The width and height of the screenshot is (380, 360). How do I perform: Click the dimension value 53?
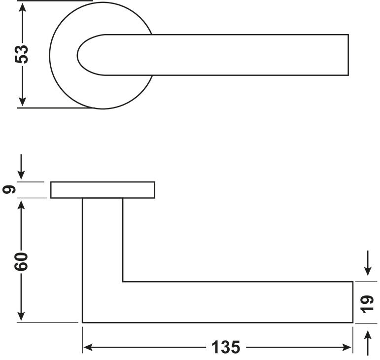(22, 54)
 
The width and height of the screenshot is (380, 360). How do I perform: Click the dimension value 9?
(9, 189)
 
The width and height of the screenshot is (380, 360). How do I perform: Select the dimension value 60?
(21, 261)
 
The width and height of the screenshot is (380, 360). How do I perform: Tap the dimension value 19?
(367, 304)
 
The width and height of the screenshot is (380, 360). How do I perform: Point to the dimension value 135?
(226, 347)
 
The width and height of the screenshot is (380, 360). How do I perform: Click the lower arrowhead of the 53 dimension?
(22, 101)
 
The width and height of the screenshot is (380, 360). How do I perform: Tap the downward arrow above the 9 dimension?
(21, 167)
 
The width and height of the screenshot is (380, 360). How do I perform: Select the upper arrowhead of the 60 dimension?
(21, 206)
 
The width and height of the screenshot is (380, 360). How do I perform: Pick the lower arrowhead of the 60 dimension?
(21, 316)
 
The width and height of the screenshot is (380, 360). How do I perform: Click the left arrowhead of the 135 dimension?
(88, 347)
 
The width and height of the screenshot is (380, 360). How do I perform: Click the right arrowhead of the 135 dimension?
(346, 347)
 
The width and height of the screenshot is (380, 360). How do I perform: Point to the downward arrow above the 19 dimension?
(368, 263)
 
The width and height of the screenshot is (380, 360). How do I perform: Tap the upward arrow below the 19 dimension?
(368, 343)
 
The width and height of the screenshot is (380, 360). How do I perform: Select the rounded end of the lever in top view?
(78, 55)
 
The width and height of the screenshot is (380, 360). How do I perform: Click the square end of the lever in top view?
(348, 55)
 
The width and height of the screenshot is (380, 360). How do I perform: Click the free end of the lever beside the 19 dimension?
(352, 302)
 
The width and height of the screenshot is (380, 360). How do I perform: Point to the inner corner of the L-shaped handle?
(123, 282)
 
